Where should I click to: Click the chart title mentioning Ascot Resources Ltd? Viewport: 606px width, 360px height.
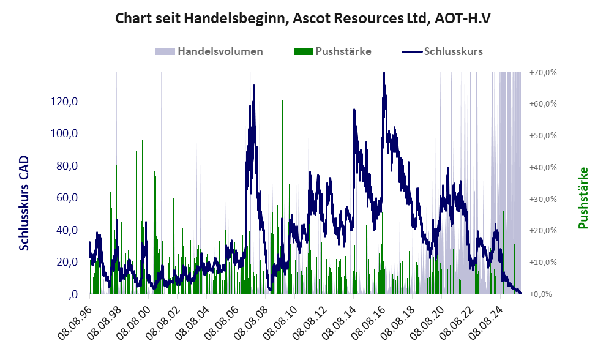pyautogui.click(x=303, y=19)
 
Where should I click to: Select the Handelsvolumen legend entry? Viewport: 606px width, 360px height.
pyautogui.click(x=220, y=51)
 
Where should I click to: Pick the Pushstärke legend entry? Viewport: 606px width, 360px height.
pyautogui.click(x=343, y=51)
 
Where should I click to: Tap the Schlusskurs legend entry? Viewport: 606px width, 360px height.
pyautogui.click(x=453, y=51)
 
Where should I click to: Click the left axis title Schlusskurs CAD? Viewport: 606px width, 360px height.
pyautogui.click(x=24, y=203)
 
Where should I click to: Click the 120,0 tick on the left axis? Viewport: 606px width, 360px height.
pyautogui.click(x=64, y=102)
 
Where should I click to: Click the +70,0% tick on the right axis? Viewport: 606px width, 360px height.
pyautogui.click(x=543, y=73)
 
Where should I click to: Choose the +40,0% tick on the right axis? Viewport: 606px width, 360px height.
pyautogui.click(x=543, y=167)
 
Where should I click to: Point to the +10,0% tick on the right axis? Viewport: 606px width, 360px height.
pyautogui.click(x=543, y=262)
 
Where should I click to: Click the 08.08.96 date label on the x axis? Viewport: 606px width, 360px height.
pyautogui.click(x=76, y=319)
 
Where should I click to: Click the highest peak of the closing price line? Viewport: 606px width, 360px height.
pyautogui.click(x=384, y=73)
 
